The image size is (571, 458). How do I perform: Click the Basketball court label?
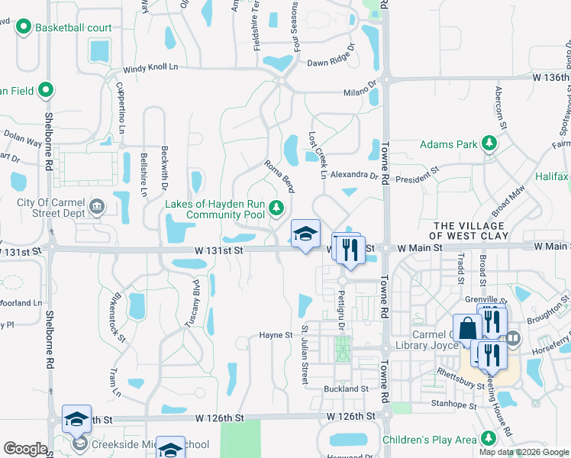73,28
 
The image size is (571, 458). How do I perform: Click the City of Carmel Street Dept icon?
97,206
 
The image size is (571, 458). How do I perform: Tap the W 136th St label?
551,78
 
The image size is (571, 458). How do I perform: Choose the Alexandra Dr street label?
353,175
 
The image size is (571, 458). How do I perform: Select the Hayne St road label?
276,335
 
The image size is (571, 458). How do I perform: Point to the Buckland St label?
346,389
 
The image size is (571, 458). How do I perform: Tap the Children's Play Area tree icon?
488,439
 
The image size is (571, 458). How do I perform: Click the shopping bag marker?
467,327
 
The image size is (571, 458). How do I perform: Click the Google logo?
25,449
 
